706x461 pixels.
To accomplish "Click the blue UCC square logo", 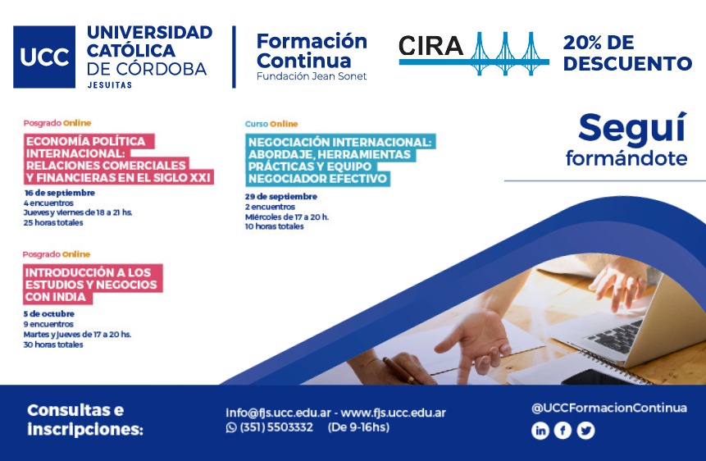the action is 44,57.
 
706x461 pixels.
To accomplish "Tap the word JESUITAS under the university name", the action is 110,84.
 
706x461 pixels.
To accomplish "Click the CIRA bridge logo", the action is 474,53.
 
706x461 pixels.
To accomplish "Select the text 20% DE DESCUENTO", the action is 627,53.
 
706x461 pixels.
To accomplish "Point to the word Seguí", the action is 632,129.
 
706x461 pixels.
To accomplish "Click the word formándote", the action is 626,158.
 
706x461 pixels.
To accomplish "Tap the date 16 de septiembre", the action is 59,193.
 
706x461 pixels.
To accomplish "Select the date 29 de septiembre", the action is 281,197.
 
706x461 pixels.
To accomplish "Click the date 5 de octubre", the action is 49,313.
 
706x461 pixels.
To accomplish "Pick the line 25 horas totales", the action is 53,222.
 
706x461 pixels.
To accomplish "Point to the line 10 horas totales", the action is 274,226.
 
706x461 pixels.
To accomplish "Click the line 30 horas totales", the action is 53,345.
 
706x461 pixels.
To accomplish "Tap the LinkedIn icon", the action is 540,431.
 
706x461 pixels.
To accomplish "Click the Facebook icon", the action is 563,431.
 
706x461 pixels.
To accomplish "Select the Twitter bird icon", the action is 585,431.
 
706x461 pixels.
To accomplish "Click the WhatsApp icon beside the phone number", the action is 231,427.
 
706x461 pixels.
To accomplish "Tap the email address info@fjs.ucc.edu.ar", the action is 278,413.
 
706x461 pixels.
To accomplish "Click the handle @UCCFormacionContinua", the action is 609,409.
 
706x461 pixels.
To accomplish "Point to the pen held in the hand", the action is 400,371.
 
